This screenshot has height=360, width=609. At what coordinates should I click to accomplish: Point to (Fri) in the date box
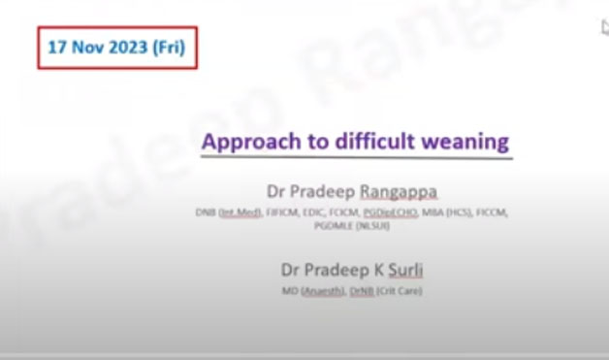(x=169, y=47)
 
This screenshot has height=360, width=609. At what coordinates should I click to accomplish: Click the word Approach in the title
(x=249, y=142)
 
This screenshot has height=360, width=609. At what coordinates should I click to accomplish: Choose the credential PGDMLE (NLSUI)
(x=354, y=224)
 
